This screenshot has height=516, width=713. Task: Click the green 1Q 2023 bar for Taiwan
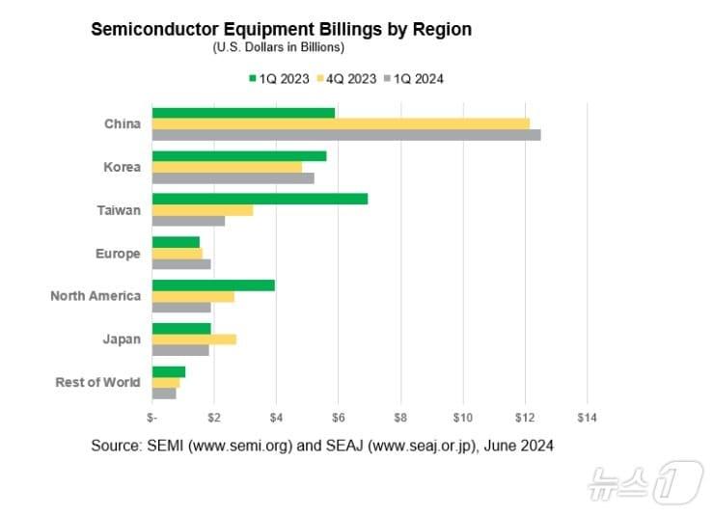click(x=260, y=199)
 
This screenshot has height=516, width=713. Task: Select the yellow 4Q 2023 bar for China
click(x=341, y=123)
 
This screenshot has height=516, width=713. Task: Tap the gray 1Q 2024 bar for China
click(x=346, y=135)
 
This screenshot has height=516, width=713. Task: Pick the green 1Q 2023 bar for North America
click(x=213, y=285)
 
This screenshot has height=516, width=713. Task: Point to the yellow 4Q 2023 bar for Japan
click(x=194, y=339)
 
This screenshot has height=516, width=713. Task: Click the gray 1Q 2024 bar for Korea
click(x=233, y=178)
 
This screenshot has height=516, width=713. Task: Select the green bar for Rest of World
click(x=169, y=371)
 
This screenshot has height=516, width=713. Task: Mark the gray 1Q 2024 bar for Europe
click(x=181, y=264)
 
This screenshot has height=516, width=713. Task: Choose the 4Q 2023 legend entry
click(x=344, y=78)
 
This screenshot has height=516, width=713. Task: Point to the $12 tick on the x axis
click(x=525, y=417)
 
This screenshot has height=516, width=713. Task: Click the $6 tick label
click(x=338, y=417)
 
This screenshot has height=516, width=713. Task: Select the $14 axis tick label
click(x=587, y=417)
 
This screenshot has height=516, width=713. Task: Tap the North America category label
click(x=96, y=296)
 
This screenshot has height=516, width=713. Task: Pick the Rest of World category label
click(x=97, y=382)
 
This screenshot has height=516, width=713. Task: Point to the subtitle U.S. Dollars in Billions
click(x=279, y=46)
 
